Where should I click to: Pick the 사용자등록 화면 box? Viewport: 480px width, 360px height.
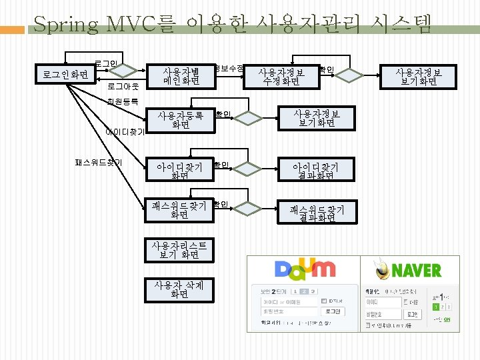(x=181, y=119)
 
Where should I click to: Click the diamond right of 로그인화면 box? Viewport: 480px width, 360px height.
(x=137, y=69)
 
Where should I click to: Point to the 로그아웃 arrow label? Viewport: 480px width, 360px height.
(x=123, y=87)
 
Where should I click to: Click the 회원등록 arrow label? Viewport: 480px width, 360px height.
(x=123, y=102)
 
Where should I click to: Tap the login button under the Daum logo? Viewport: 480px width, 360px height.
(x=333, y=311)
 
